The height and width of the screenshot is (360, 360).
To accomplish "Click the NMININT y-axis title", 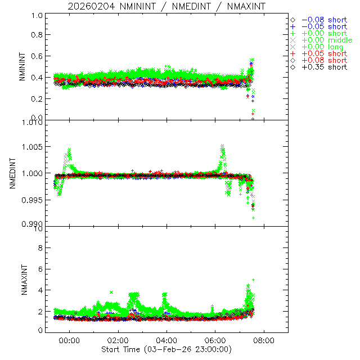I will point(22,68).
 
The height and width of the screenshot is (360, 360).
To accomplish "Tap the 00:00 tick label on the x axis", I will point(69,340).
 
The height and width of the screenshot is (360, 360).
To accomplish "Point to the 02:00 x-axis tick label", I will point(118,340).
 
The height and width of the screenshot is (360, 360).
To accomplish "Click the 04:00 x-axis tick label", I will point(166,340).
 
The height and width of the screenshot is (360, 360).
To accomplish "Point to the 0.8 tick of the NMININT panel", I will point(37,35).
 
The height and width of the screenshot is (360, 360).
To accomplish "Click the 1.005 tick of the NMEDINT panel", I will point(33,147).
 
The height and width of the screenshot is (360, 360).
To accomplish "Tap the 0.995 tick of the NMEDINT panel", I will point(33,200).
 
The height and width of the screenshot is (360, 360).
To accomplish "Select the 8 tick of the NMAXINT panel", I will point(39,247).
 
